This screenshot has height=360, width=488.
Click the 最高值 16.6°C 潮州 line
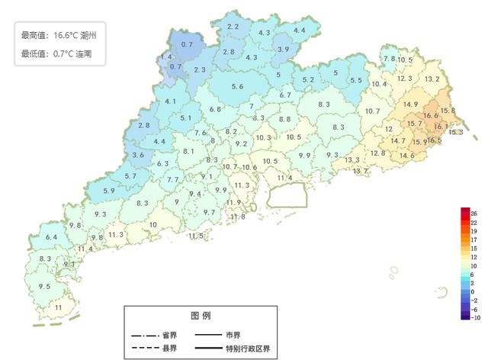click(59, 35)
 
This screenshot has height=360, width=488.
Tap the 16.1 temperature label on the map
click(441, 127)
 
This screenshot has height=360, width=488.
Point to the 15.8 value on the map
click(448, 111)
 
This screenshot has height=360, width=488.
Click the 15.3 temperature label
click(455, 132)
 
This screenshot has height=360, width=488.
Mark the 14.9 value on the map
click(410, 104)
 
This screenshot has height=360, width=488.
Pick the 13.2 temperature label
click(432, 79)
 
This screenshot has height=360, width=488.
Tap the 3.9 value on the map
click(283, 49)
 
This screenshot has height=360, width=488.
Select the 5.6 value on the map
click(237, 87)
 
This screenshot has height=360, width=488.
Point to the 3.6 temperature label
click(138, 155)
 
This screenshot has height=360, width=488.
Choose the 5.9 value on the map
click(108, 190)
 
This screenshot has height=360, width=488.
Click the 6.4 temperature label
click(51, 238)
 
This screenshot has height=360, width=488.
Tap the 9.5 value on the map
click(44, 286)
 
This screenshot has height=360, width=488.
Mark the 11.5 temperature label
click(196, 236)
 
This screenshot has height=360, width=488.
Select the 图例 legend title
click(201, 315)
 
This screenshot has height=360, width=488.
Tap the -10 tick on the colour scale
click(475, 320)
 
